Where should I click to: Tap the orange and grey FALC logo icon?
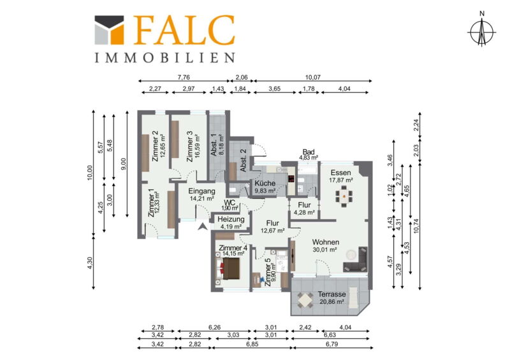109,30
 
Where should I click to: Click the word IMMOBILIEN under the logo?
164,58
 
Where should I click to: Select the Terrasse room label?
331,294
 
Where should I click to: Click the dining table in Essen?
344,196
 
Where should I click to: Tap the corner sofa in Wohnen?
356,259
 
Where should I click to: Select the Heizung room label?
231,219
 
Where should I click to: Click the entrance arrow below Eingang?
203,226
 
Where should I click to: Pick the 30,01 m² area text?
324,250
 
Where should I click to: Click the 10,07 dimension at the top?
312,77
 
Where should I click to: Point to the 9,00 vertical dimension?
123,164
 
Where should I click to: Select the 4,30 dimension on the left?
90,263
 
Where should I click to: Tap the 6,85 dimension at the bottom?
252,344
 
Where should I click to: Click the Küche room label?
265,184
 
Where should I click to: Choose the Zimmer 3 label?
189,147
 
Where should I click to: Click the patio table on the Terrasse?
305,301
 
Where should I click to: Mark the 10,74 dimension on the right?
416,226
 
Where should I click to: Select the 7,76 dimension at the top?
184,77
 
